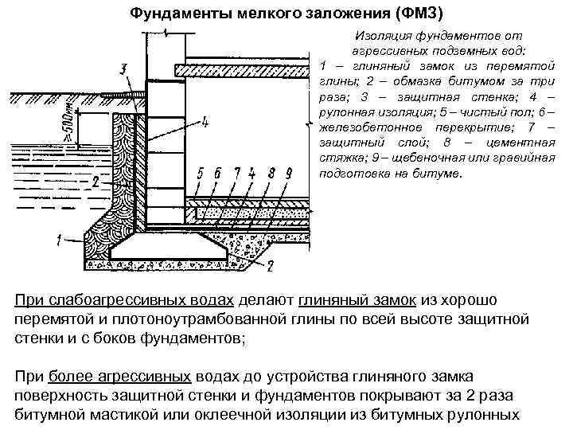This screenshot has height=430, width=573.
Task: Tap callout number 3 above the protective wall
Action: pos(122,69)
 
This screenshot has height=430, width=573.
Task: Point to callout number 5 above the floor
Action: pos(201,172)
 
